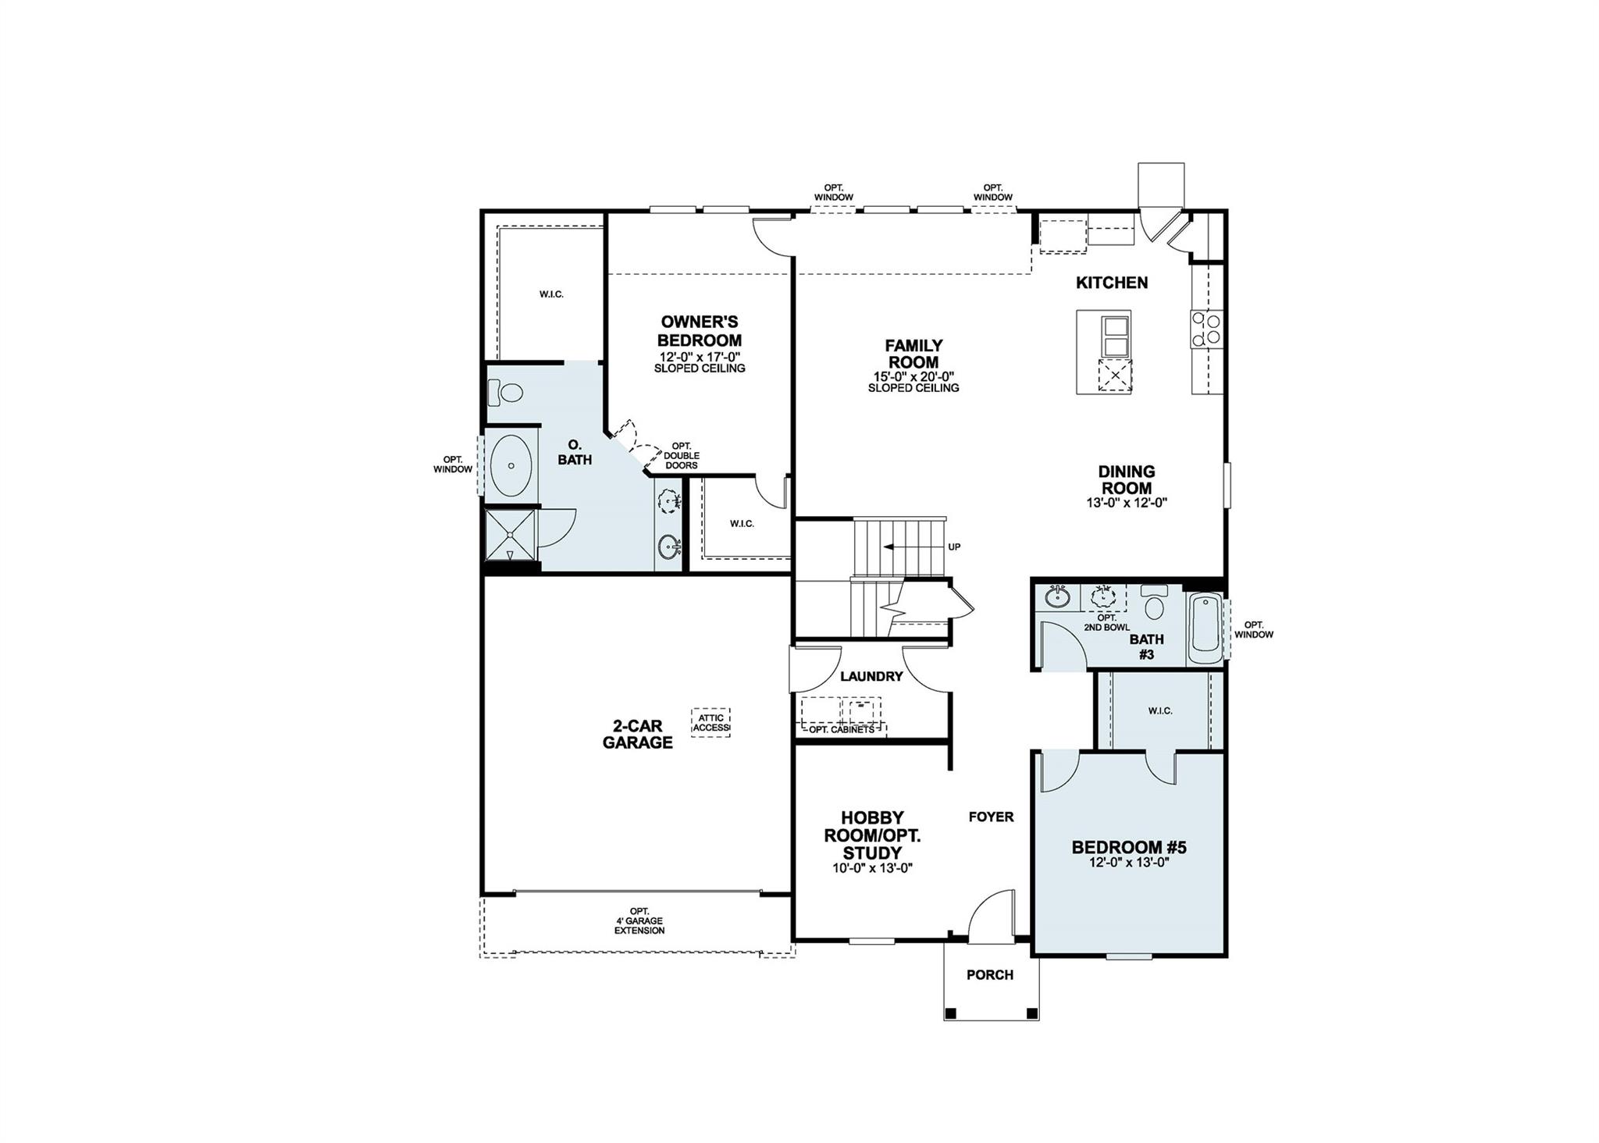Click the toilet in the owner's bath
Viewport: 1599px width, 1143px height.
(506, 392)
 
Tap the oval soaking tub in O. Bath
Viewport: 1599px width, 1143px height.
(511, 466)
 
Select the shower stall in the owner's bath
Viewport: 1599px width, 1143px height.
(511, 535)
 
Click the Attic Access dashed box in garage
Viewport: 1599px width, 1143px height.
(710, 723)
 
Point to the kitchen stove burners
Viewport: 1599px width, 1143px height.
(1206, 329)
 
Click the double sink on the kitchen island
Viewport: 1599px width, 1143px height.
(1116, 336)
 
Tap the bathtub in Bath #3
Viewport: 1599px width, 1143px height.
(1205, 628)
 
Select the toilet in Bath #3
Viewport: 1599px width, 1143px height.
(1153, 604)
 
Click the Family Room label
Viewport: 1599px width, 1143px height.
(913, 354)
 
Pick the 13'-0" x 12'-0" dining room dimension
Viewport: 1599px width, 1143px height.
(1126, 504)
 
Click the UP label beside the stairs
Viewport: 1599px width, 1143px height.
(954, 547)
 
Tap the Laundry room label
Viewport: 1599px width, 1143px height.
(871, 677)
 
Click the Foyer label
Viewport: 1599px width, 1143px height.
(991, 817)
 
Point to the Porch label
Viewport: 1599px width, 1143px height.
(990, 975)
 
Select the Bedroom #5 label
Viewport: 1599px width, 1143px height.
(1129, 848)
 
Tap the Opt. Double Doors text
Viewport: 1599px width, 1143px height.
(682, 456)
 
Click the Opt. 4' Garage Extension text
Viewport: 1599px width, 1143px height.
(639, 921)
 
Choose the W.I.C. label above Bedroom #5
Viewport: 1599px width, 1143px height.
(1160, 711)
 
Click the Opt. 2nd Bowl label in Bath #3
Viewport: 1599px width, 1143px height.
(1106, 622)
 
